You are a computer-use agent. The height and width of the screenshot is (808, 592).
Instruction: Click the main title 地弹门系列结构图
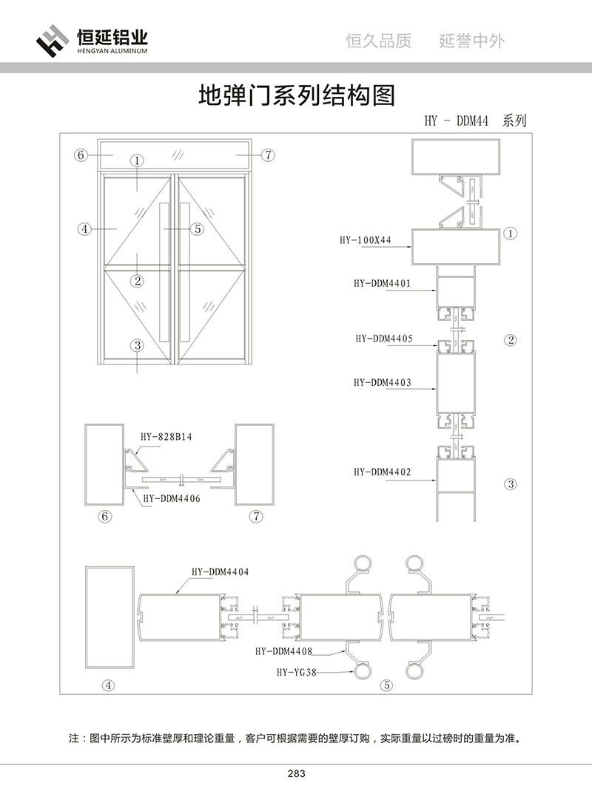296,95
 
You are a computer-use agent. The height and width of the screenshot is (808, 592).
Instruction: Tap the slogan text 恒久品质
379,41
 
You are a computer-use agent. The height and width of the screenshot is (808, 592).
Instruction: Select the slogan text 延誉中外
471,41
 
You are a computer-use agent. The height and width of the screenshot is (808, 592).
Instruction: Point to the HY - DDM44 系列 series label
475,121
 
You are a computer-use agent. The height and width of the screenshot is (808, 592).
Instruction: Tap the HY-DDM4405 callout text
382,339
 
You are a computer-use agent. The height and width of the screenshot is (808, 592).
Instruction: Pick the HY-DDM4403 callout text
382,383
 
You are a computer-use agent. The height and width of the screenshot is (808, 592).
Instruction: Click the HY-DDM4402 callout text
382,472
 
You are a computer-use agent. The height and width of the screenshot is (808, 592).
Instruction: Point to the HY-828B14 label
166,437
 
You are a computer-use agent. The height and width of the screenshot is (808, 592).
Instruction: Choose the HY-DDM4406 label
171,498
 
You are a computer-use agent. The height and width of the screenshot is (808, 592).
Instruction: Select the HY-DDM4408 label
283,651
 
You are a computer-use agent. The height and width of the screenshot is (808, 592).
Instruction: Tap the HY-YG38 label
296,672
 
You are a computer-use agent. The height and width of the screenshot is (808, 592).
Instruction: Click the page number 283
296,774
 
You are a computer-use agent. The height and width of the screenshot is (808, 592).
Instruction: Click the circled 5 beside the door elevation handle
197,229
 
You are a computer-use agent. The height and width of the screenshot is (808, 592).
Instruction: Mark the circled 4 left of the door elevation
85,229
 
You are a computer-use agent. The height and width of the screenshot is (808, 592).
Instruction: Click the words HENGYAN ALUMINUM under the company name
112,52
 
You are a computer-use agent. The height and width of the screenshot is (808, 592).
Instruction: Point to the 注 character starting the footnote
73,738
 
